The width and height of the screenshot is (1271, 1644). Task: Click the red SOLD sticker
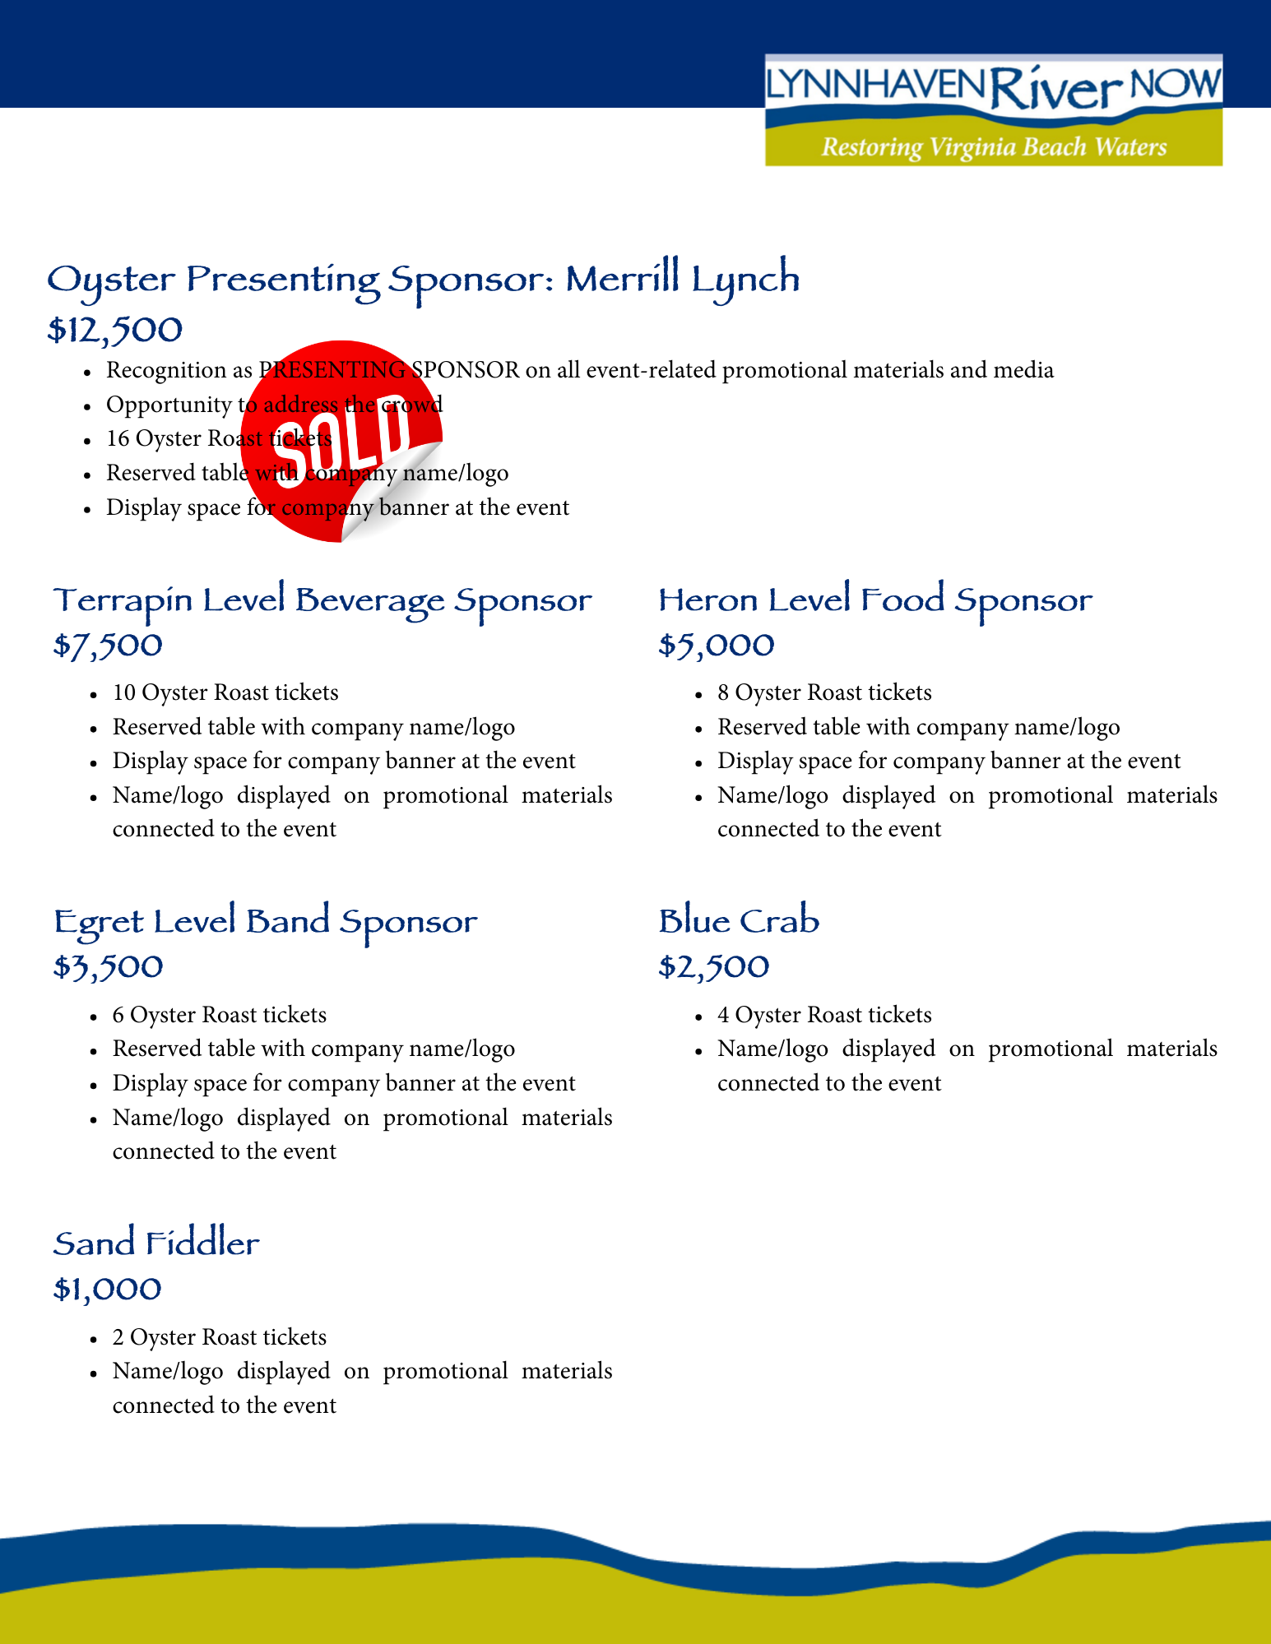pyautogui.click(x=341, y=442)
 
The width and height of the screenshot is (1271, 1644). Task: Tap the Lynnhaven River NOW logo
pyautogui.click(x=993, y=109)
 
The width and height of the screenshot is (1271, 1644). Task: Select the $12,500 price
pyautogui.click(x=115, y=331)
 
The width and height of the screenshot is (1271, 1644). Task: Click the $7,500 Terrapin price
pyautogui.click(x=108, y=646)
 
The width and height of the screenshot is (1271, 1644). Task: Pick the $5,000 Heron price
pyautogui.click(x=717, y=646)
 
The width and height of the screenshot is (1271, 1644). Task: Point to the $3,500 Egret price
pyautogui.click(x=108, y=967)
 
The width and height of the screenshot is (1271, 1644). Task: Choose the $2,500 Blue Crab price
pyautogui.click(x=714, y=967)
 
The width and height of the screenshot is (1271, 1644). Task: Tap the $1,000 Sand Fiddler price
pyautogui.click(x=107, y=1289)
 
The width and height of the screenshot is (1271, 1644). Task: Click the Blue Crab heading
pyautogui.click(x=739, y=921)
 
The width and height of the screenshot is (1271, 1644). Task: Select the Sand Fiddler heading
pyautogui.click(x=156, y=1243)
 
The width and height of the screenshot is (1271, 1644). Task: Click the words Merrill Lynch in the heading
pyautogui.click(x=682, y=280)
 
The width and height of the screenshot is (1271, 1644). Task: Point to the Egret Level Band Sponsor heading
pyautogui.click(x=265, y=922)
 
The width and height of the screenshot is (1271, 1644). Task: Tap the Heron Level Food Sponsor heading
pyautogui.click(x=875, y=600)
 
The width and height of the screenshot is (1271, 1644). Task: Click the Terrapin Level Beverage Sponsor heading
pyautogui.click(x=322, y=601)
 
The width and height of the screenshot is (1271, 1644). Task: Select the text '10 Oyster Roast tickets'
pyautogui.click(x=225, y=692)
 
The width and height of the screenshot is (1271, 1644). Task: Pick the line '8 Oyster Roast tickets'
pyautogui.click(x=824, y=692)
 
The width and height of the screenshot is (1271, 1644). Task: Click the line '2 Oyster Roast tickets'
pyautogui.click(x=220, y=1337)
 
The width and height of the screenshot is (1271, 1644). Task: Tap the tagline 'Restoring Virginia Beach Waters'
pyautogui.click(x=994, y=147)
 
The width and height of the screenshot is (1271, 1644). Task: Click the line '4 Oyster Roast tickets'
pyautogui.click(x=824, y=1015)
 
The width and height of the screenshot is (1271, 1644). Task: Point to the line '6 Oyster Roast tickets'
pyautogui.click(x=220, y=1015)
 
